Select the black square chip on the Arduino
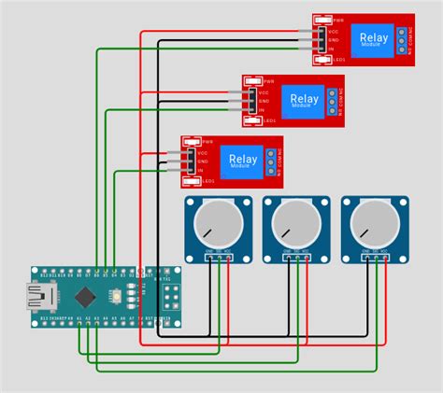86,297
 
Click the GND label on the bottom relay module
203,161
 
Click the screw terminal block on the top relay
402,38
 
